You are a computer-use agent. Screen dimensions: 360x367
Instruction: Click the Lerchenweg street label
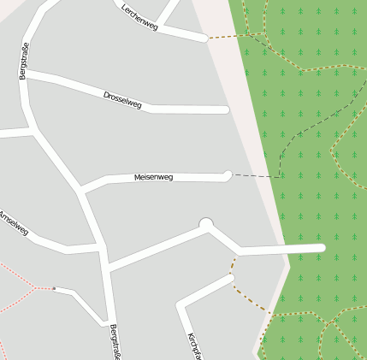139,17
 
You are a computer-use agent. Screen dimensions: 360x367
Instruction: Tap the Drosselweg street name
121,99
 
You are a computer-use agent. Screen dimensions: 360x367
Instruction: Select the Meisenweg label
153,178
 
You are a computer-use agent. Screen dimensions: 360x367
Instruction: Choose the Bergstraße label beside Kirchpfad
114,341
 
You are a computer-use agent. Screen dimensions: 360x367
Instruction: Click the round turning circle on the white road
205,225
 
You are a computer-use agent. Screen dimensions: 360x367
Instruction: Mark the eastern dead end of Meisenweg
228,174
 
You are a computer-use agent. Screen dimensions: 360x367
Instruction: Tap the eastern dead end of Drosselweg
226,109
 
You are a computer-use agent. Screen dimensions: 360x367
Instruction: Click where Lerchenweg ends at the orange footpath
204,38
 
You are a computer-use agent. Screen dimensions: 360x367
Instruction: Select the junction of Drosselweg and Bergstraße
27,75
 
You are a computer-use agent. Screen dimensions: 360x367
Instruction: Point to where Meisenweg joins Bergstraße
82,190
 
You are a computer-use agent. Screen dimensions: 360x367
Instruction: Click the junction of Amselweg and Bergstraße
100,248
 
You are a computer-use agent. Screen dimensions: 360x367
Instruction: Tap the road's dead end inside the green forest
322,248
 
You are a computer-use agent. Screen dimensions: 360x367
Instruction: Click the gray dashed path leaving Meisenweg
257,176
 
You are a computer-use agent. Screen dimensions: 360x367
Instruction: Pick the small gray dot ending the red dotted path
54,288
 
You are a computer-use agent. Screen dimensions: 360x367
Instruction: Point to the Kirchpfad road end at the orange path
231,276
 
